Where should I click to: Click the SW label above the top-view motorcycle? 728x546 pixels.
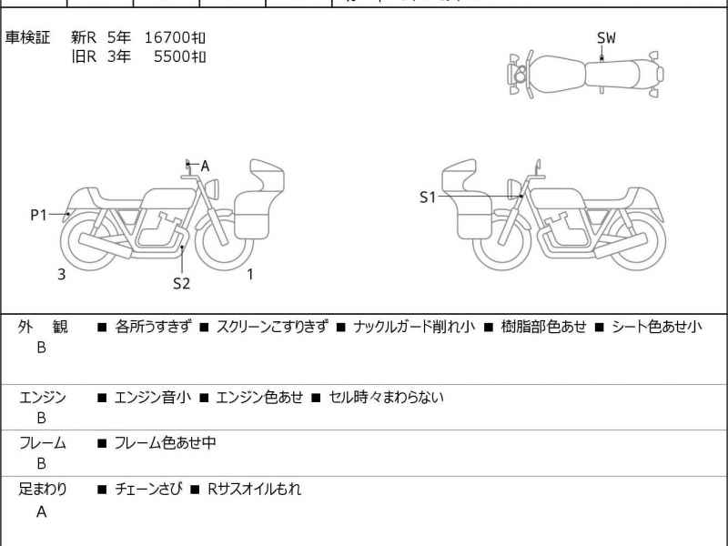[606, 37]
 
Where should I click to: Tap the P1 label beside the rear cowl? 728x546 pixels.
[38, 215]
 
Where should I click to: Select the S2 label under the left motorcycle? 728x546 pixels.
[182, 283]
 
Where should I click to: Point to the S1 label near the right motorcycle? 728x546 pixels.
[428, 197]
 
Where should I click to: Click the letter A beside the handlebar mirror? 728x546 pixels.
[205, 166]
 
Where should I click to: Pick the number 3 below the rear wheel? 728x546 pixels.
[61, 274]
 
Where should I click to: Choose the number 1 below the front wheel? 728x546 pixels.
[250, 274]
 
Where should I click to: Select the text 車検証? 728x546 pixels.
[28, 37]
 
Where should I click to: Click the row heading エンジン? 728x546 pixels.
[42, 398]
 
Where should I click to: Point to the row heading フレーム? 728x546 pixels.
[42, 443]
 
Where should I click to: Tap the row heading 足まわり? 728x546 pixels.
[42, 489]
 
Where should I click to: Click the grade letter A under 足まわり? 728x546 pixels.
[41, 511]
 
